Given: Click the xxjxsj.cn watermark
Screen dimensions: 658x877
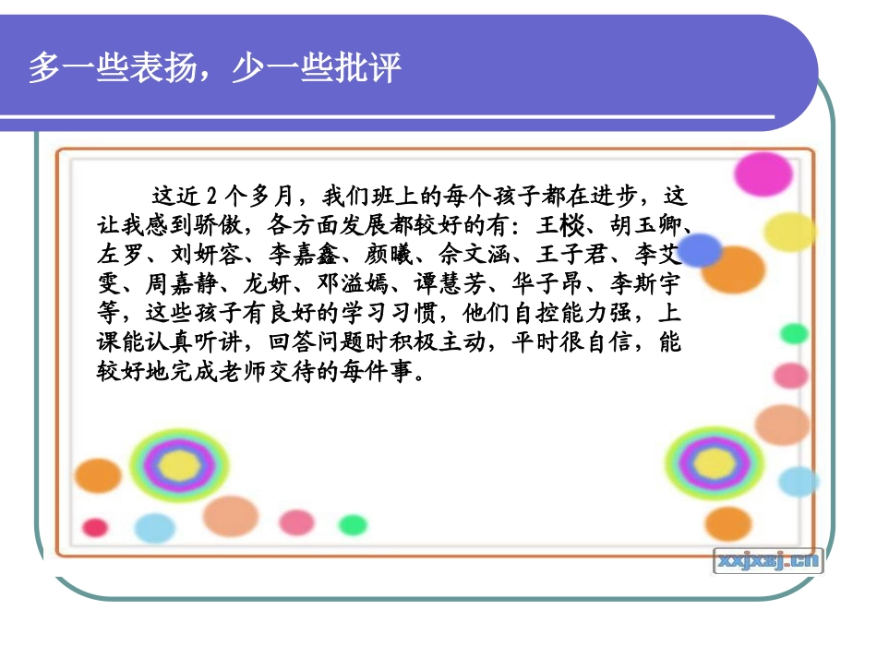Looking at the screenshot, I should tap(767, 559).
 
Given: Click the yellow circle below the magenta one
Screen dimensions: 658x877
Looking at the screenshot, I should tap(790, 232).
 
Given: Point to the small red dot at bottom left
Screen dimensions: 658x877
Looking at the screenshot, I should tap(95, 527).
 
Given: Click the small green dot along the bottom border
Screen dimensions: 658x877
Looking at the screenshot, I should tap(352, 525).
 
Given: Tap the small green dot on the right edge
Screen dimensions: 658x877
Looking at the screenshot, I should tap(793, 334).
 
